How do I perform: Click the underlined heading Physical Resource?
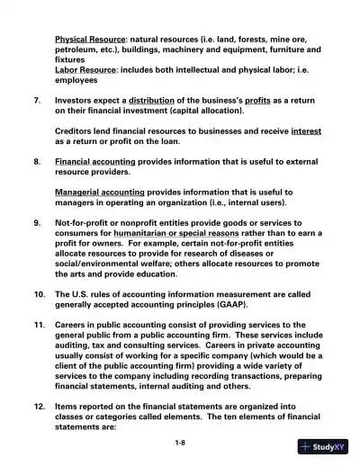(90, 40)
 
